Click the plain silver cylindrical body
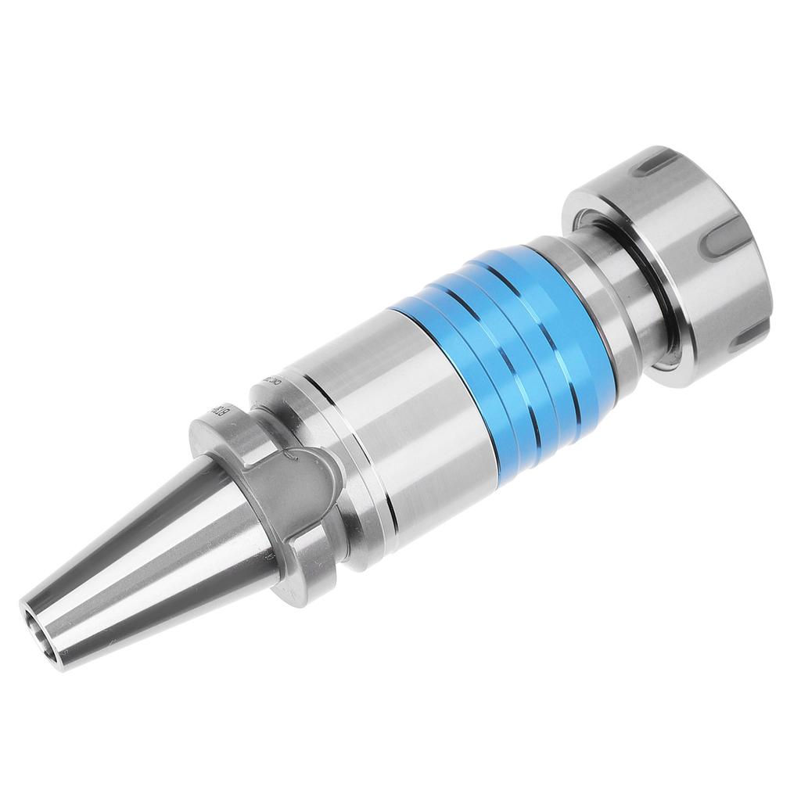(407, 438)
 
